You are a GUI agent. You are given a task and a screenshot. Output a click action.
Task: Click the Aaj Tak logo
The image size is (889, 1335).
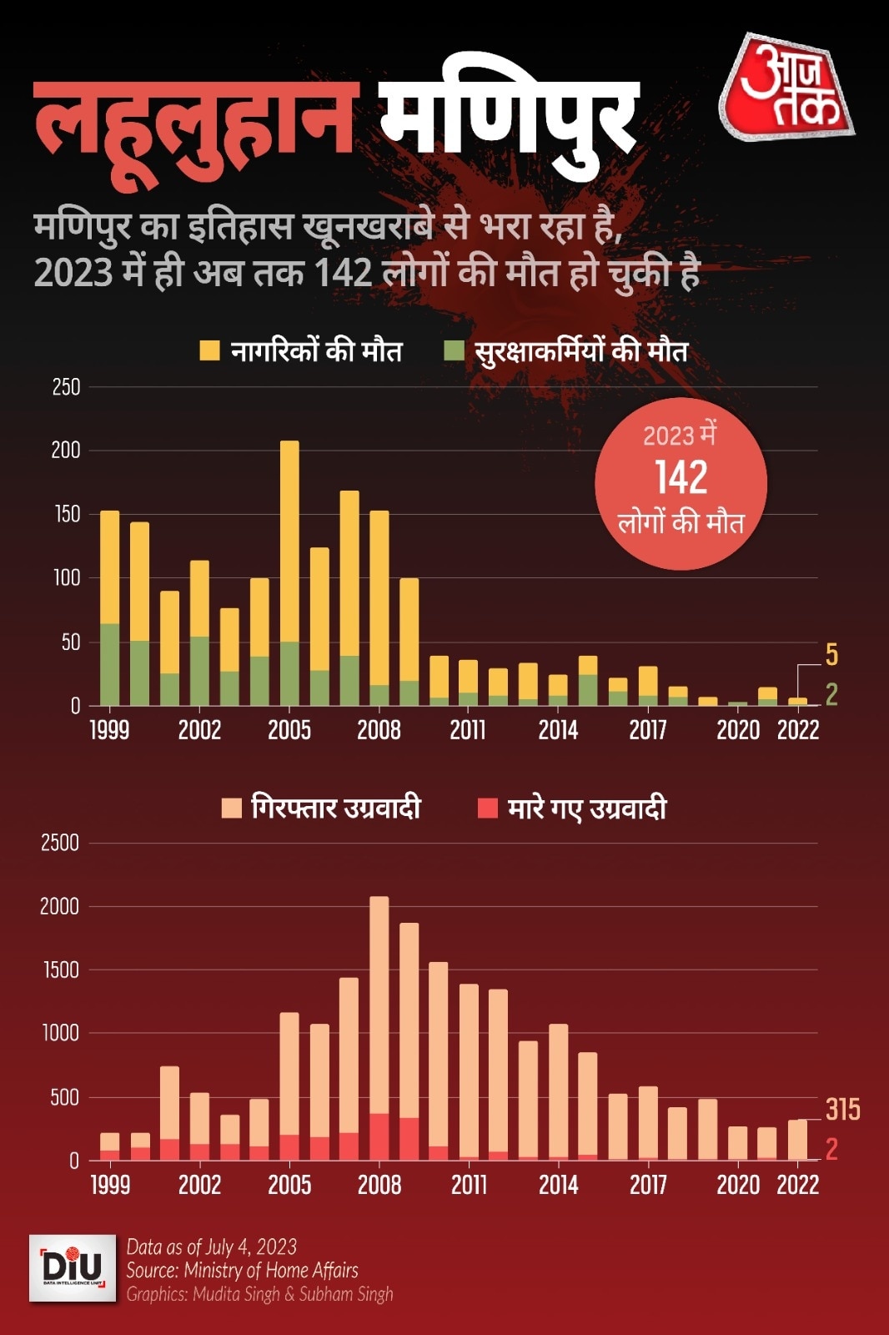[786, 88]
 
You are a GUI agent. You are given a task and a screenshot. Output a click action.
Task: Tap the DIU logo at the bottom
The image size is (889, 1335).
[73, 1267]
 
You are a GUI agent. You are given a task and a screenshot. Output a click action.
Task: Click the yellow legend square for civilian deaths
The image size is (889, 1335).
[210, 350]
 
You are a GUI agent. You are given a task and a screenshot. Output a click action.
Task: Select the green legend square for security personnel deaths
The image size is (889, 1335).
[454, 350]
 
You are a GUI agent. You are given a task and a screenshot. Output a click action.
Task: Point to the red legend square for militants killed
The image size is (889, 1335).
[487, 808]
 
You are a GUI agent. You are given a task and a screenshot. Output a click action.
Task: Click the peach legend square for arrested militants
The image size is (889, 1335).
[231, 808]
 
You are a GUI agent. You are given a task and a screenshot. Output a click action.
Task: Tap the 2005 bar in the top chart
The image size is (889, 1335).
[289, 572]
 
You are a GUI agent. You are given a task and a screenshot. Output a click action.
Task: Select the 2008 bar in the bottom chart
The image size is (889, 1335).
[379, 1028]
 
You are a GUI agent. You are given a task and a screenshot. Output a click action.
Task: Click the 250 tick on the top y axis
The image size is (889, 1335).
[67, 387]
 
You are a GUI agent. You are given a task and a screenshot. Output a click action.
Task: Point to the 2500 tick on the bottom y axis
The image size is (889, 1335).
[60, 843]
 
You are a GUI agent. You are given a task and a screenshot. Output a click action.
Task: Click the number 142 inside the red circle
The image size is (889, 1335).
[681, 478]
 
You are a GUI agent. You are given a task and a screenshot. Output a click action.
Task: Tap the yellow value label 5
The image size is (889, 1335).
[831, 655]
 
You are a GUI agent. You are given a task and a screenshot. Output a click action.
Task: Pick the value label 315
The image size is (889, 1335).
[842, 1109]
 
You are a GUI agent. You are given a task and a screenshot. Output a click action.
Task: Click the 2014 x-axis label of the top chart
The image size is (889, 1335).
[558, 730]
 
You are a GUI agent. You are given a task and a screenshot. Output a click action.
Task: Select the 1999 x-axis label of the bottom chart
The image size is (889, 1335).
[110, 1185]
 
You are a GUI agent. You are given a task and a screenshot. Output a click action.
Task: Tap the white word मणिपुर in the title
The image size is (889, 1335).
[509, 117]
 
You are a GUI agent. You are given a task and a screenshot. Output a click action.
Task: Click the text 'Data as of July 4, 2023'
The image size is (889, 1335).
[212, 1247]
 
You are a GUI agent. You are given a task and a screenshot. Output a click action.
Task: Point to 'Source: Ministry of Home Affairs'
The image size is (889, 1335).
[242, 1270]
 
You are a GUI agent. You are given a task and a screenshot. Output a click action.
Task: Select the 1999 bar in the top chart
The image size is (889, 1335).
[110, 607]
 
